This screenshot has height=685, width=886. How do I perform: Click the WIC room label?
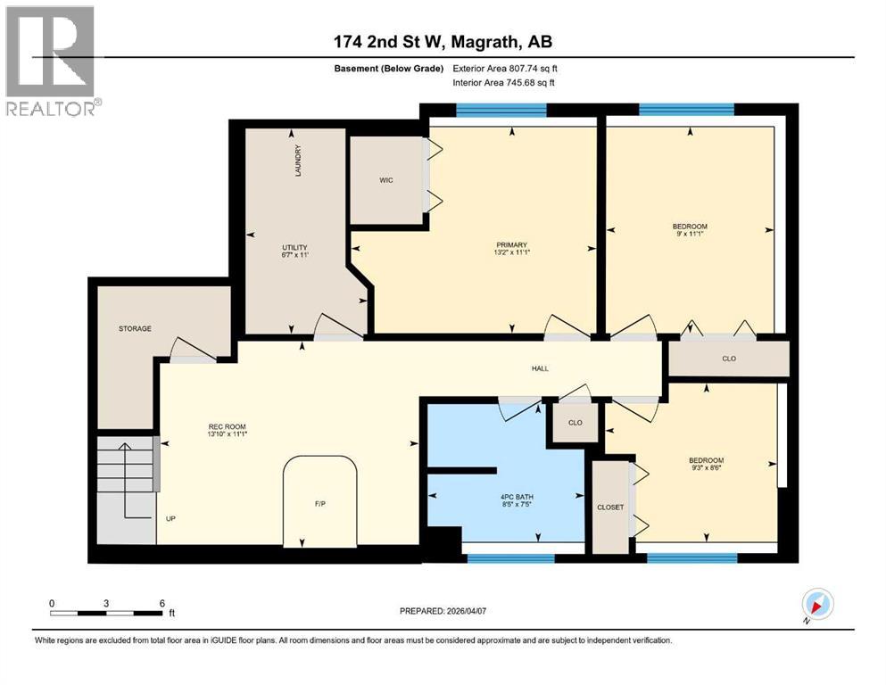pyautogui.click(x=385, y=180)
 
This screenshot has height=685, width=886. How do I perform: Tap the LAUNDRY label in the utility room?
pyautogui.click(x=298, y=161)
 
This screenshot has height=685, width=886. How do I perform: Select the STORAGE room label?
pyautogui.click(x=135, y=328)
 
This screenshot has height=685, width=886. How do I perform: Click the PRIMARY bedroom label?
pyautogui.click(x=512, y=245)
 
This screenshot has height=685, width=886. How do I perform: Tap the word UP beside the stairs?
pyautogui.click(x=170, y=516)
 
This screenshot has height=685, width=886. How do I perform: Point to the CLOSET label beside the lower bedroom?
pyautogui.click(x=610, y=507)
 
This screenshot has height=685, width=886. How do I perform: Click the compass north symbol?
pyautogui.click(x=817, y=605)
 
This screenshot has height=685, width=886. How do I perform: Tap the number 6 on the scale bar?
pyautogui.click(x=161, y=603)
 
